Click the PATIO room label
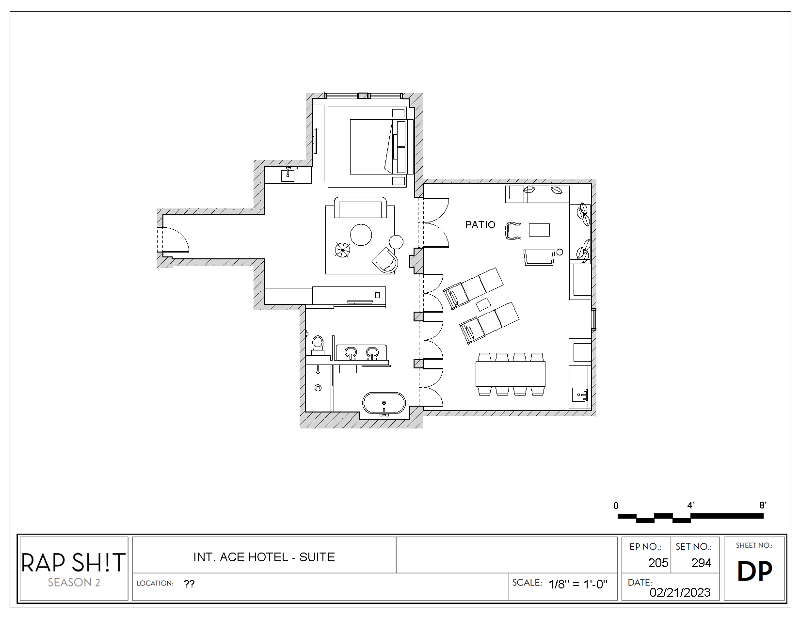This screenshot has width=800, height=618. [x=480, y=224]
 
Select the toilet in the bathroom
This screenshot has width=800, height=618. [x=318, y=344]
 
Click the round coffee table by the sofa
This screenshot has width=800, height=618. [x=361, y=235]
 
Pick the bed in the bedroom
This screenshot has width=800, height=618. [x=371, y=146]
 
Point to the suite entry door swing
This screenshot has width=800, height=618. [x=176, y=240]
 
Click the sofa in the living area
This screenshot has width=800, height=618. [x=360, y=208]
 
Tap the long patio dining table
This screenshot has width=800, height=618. [x=511, y=373]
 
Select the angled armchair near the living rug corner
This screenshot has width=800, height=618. [x=386, y=260]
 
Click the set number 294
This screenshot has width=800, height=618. [x=701, y=563]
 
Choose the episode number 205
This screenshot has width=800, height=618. [x=658, y=563]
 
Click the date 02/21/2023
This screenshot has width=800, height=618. [x=680, y=592]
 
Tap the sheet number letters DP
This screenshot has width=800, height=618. [x=754, y=571]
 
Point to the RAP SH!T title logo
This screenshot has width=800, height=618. [x=73, y=562]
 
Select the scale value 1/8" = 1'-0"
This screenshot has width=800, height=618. [x=577, y=584]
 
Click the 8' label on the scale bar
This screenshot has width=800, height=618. [x=762, y=505]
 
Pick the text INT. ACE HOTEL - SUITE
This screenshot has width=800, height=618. [x=264, y=557]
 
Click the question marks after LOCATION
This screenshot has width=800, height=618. [x=189, y=584]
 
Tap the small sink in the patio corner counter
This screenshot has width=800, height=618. [x=579, y=395]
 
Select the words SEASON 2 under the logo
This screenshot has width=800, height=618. [x=74, y=583]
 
